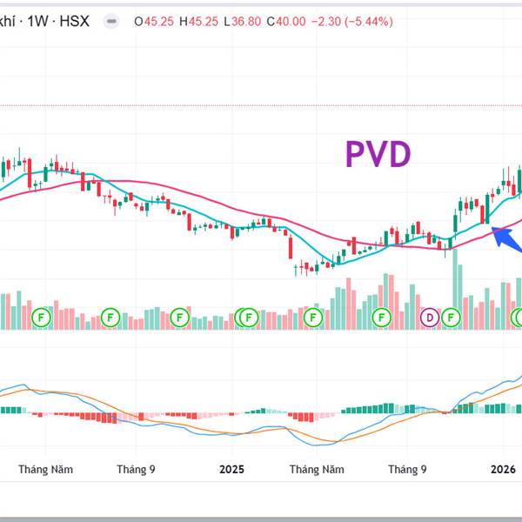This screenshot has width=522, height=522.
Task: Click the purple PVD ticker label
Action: (378, 155)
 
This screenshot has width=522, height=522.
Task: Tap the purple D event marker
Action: (430, 318)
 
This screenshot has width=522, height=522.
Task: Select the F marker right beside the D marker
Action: (451, 318)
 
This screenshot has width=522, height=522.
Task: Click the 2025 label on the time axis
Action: (231, 469)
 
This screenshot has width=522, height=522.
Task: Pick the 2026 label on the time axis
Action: (504, 469)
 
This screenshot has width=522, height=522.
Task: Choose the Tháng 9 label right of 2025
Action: (407, 469)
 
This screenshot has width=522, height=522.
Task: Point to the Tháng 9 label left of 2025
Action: (136, 469)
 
